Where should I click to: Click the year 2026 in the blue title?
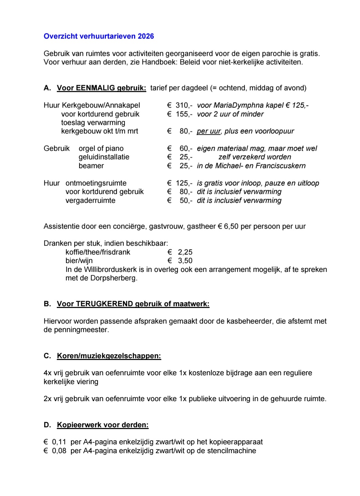146,36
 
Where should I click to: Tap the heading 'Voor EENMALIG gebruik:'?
101,88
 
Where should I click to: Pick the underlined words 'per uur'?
209,131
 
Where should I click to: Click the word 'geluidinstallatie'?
104,157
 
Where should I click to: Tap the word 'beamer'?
91,166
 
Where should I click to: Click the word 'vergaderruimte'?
91,201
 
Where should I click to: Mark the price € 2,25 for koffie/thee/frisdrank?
180,252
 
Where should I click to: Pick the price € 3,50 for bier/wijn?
180,261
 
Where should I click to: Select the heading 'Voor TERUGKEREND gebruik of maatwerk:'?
133,304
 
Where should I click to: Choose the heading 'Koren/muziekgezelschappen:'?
109,356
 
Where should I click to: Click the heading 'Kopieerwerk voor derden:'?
103,425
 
